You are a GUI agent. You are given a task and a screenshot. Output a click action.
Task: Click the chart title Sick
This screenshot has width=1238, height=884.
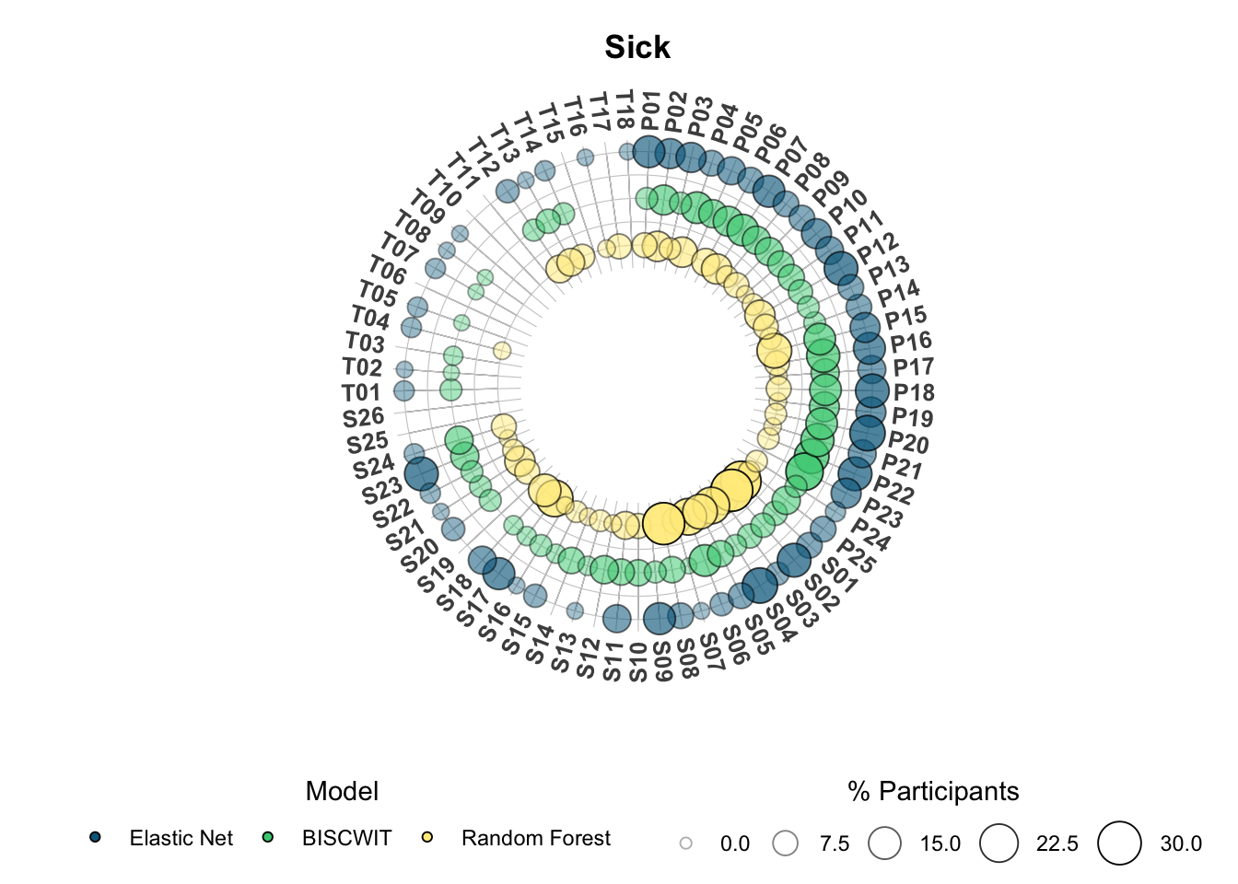pos(637,47)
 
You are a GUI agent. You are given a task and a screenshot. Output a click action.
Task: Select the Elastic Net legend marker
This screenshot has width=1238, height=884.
pos(95,837)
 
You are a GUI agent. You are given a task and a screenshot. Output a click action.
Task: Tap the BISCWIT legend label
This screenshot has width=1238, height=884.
pos(346,838)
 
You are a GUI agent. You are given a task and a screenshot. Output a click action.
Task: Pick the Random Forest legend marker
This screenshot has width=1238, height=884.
pos(427,837)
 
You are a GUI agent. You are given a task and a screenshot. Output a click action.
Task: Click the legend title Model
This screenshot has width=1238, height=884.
pos(342,791)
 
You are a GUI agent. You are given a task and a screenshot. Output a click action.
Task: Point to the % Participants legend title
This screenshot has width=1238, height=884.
pos(933,791)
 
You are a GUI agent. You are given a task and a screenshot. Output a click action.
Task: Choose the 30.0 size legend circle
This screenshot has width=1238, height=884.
pos(1119,843)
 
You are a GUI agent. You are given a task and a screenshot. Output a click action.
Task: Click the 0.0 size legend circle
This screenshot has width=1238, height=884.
pos(686,843)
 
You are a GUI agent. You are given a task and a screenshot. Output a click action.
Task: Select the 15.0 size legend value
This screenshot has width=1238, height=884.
pos(940,843)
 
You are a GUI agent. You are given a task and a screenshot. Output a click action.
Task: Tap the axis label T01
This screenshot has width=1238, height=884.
pos(361,393)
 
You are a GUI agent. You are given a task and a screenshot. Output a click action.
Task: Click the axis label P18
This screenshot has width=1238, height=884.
pos(914,392)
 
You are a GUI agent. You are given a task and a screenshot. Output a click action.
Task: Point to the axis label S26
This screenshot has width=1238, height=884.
pos(363,418)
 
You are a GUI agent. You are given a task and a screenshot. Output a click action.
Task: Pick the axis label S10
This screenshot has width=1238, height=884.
pos(638,662)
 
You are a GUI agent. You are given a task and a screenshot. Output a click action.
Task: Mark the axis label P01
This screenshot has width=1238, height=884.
pos(650,112)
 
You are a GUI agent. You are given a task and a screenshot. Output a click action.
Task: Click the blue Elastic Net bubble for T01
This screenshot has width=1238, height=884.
pos(404,390)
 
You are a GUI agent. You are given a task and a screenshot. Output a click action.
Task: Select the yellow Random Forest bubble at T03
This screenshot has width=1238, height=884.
pos(502,350)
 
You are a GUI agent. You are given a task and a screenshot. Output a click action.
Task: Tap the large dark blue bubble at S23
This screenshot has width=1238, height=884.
pos(421,474)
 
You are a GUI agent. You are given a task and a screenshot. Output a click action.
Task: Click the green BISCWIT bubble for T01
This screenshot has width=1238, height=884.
pos(451,390)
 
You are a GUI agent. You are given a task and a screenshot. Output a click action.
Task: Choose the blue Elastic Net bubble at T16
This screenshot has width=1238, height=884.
pos(585,157)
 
